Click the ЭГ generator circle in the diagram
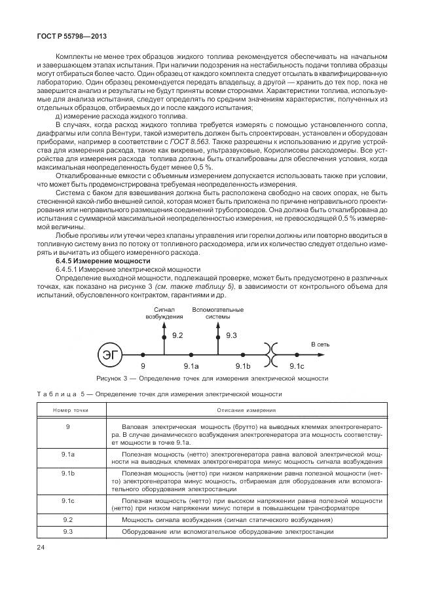point(107,356)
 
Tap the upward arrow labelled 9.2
point(165,340)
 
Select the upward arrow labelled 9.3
point(217,340)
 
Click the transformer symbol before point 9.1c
point(270,355)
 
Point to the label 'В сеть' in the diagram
point(320,343)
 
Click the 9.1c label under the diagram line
point(296,366)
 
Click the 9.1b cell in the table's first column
point(68,472)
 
